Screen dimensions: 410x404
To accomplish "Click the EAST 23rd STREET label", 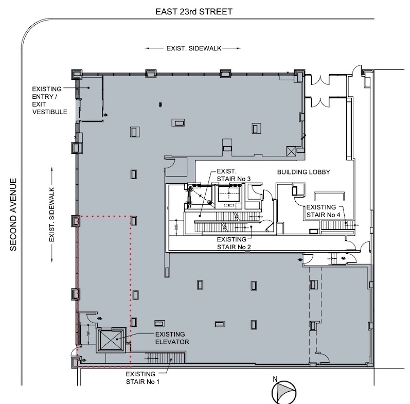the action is [194, 12].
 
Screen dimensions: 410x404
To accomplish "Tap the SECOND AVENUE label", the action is [13, 215].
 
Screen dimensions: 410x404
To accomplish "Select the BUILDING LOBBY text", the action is [304, 172].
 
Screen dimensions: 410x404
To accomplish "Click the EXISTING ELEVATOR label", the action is [172, 338].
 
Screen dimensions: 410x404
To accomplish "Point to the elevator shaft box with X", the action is [111, 340].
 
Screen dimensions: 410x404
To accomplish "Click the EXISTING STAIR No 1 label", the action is [142, 378].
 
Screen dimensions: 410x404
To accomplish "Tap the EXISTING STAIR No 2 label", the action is [234, 243].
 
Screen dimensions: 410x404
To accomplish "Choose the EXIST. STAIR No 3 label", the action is [234, 175].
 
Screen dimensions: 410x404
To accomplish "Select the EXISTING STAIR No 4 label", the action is [324, 211].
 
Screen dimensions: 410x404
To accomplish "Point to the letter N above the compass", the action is [275, 379].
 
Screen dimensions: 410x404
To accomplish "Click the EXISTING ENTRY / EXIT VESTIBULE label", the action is [49, 100].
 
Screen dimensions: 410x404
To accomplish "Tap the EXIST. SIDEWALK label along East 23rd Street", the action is [194, 48].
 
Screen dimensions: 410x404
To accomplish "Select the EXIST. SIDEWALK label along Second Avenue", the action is [52, 215].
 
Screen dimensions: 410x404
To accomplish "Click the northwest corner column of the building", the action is [77, 75].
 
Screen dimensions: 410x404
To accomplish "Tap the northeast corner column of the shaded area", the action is [299, 75].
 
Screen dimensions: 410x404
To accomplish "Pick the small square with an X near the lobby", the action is [291, 151].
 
